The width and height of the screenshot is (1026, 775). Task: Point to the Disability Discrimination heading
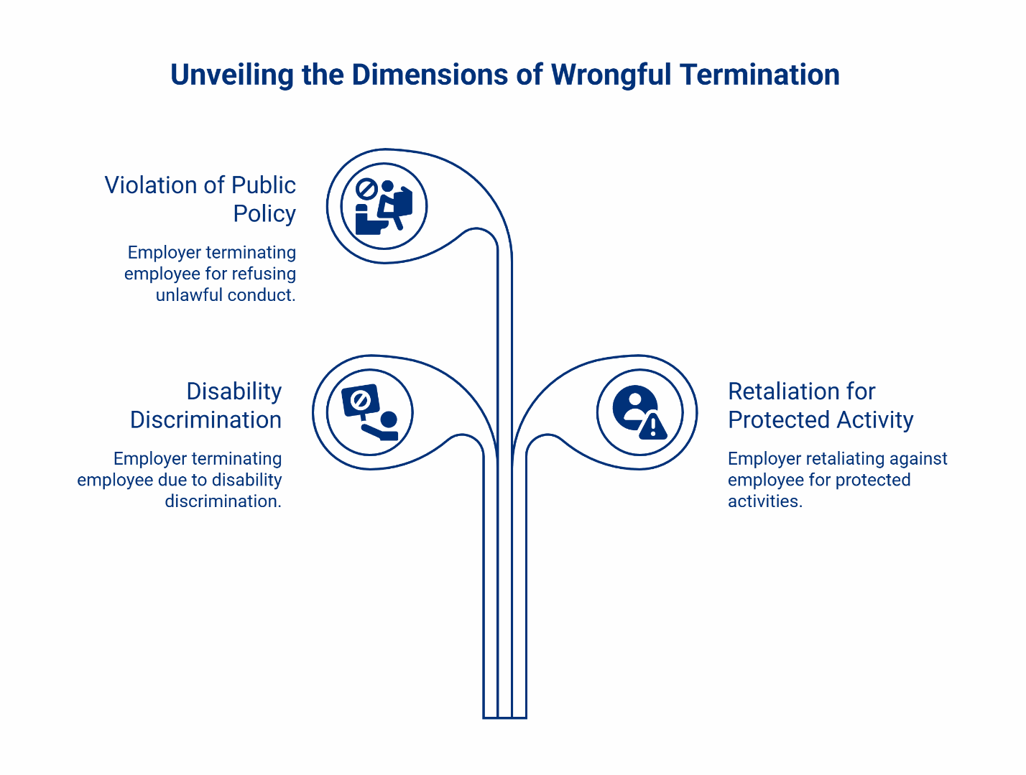pyautogui.click(x=206, y=405)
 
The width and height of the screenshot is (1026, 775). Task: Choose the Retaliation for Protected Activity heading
pyautogui.click(x=821, y=405)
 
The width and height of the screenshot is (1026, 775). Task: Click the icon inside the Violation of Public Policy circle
pyautogui.click(x=384, y=207)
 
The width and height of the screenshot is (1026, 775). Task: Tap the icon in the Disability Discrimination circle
pyautogui.click(x=370, y=413)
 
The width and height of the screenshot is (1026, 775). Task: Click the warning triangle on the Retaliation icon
pyautogui.click(x=652, y=427)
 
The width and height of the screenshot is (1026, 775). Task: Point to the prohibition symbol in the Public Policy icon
pyautogui.click(x=366, y=189)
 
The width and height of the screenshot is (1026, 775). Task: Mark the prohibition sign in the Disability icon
pyautogui.click(x=361, y=401)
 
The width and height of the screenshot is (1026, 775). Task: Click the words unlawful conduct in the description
pyautogui.click(x=225, y=295)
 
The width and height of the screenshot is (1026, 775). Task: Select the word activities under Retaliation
pyautogui.click(x=764, y=501)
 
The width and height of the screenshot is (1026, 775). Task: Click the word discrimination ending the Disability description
pyautogui.click(x=223, y=501)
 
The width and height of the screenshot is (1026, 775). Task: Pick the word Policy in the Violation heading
pyautogui.click(x=264, y=214)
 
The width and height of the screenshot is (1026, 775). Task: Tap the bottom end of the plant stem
pyautogui.click(x=504, y=715)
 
